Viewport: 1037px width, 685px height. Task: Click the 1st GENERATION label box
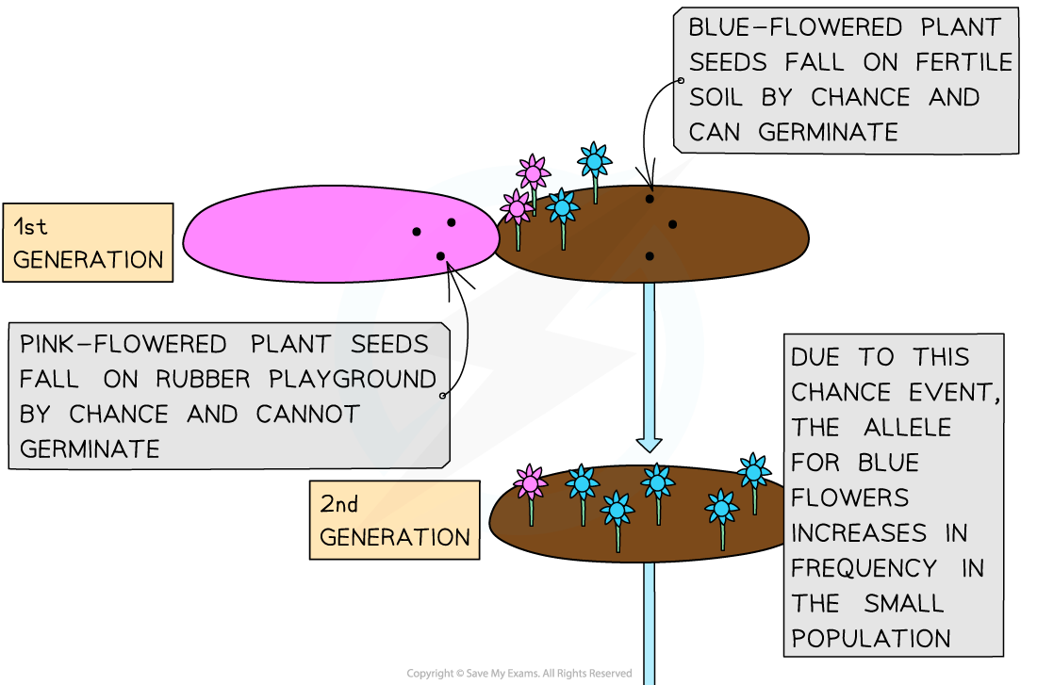pyautogui.click(x=88, y=242)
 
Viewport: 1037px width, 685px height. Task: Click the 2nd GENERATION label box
pyautogui.click(x=394, y=520)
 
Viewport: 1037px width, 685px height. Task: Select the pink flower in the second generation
pyautogui.click(x=531, y=483)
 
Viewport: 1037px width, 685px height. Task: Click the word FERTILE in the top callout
pyautogui.click(x=963, y=62)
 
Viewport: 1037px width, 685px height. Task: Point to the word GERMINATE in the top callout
pyautogui.click(x=827, y=132)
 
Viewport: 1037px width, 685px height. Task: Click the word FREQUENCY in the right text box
pyautogui.click(x=864, y=568)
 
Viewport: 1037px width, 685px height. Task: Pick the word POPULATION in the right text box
pyautogui.click(x=871, y=638)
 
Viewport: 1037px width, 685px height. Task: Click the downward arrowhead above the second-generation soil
pyautogui.click(x=649, y=442)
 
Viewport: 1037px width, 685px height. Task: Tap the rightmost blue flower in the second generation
pyautogui.click(x=753, y=472)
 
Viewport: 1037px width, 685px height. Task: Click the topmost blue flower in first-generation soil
pyautogui.click(x=594, y=162)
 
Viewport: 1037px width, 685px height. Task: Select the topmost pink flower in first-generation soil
pyautogui.click(x=534, y=174)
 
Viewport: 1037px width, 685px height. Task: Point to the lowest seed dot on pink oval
pyautogui.click(x=440, y=256)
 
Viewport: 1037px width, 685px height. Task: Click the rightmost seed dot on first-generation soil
pyautogui.click(x=673, y=224)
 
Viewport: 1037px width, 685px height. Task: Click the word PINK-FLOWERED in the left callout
pyautogui.click(x=123, y=344)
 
